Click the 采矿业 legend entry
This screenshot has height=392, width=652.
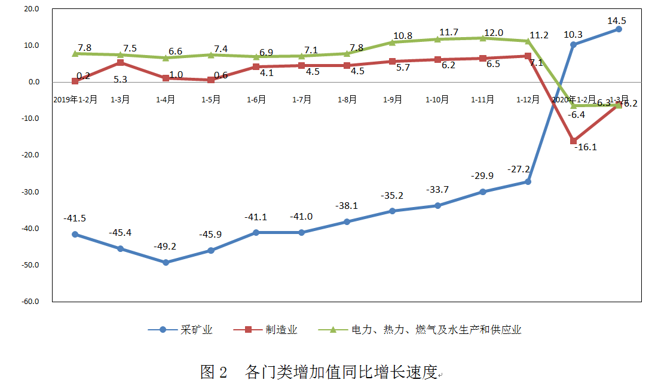182,330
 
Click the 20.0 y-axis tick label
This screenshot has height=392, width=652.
31,10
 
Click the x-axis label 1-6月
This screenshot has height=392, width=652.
256,100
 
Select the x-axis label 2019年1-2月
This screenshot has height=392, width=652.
75,100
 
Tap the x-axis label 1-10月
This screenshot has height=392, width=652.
437,100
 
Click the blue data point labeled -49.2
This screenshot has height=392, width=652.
166,262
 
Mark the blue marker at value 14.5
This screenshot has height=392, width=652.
619,29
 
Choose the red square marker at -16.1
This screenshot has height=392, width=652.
573,141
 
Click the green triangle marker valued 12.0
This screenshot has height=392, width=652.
483,38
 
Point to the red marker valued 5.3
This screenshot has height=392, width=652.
120,63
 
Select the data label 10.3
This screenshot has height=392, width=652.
573,34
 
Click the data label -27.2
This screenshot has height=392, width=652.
519,169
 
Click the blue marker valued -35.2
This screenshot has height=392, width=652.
392,211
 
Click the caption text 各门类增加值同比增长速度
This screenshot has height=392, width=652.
341,372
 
